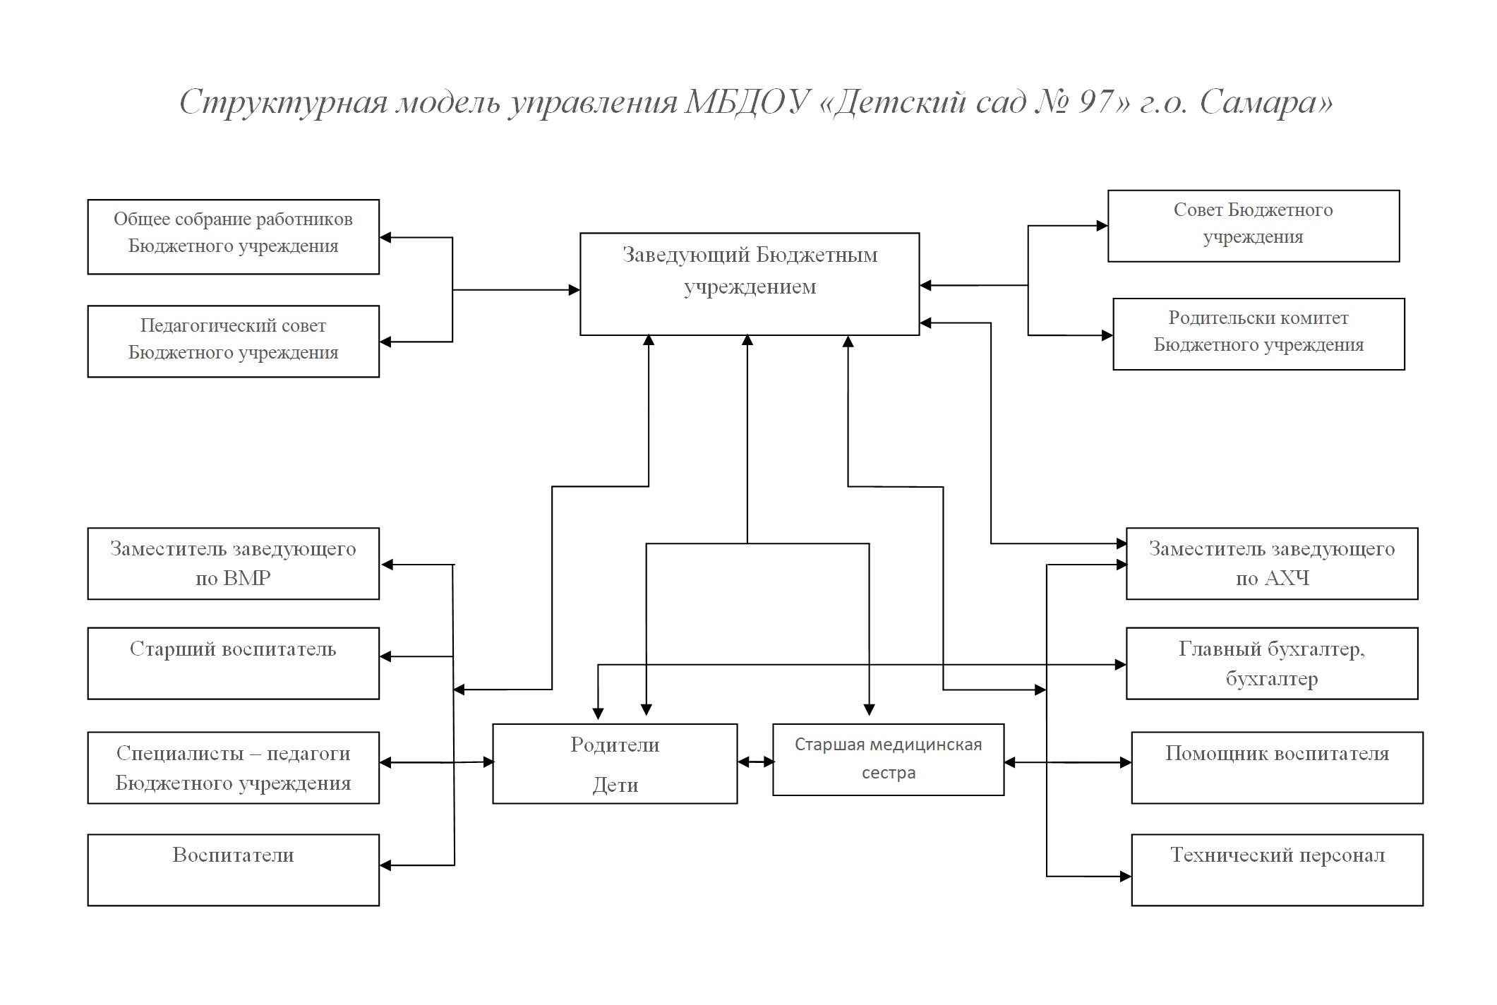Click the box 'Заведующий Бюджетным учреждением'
pos(750,284)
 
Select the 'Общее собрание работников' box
pos(233,236)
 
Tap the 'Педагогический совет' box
pos(233,341)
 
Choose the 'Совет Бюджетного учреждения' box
pos(1253,226)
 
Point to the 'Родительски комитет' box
pos(1258,334)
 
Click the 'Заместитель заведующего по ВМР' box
pos(233,563)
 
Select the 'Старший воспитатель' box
pos(233,663)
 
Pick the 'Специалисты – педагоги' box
pos(233,767)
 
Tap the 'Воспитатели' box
pos(233,870)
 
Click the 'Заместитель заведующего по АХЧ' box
pos(1272,563)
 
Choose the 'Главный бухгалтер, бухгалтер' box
pos(1272,663)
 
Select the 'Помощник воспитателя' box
pos(1277,767)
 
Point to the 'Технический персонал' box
pos(1277,870)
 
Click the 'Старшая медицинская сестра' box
pos(888,759)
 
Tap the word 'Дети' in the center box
pos(615,785)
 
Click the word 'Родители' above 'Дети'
pos(615,745)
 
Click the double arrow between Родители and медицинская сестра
pos(755,762)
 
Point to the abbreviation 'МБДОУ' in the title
pos(747,102)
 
